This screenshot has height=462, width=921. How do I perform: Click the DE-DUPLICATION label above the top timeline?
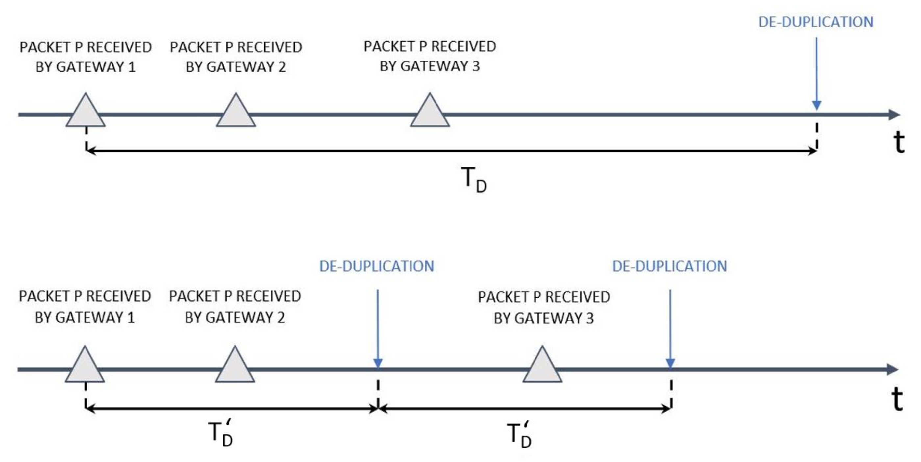(815, 22)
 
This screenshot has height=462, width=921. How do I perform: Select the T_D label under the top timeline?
(473, 179)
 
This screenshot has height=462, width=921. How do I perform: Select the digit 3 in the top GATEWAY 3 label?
(476, 66)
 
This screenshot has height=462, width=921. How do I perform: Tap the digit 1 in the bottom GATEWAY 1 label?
(131, 318)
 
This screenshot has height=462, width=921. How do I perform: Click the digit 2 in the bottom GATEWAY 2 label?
(281, 318)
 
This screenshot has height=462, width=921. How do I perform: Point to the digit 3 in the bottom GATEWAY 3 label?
(589, 318)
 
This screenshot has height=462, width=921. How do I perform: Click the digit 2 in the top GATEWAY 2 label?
(282, 67)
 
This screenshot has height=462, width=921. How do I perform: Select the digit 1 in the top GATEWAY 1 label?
(132, 67)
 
